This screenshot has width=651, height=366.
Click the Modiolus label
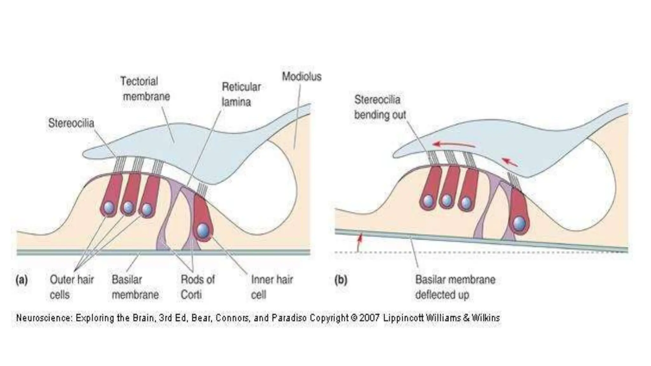click(302, 77)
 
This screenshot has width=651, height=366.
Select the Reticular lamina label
click(241, 94)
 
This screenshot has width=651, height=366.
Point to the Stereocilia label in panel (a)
click(71, 123)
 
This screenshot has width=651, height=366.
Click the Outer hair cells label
click(72, 287)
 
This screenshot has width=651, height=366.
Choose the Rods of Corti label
click(197, 287)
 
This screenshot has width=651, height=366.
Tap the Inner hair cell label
click(272, 287)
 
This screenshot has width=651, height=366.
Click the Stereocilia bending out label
click(380, 107)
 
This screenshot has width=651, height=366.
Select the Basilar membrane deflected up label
click(455, 287)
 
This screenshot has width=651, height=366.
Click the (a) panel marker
click(22, 280)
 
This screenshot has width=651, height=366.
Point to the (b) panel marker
click(340, 280)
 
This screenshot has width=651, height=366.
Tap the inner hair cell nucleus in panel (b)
click(519, 223)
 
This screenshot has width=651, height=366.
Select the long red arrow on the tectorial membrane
click(454, 145)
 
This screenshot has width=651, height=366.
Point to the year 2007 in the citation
click(369, 318)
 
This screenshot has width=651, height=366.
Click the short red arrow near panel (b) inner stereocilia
click(510, 162)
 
